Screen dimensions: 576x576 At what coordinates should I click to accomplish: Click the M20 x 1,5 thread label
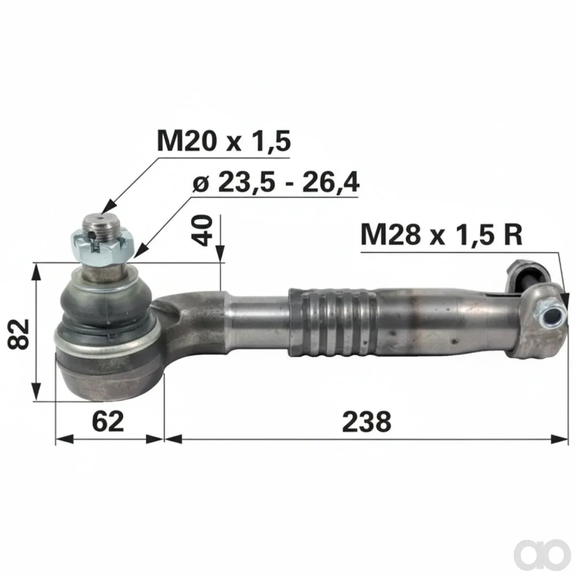click(x=224, y=141)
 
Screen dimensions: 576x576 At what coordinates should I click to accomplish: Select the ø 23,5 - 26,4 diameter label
click(x=276, y=182)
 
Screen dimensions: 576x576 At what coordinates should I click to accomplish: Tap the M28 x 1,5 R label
click(x=442, y=235)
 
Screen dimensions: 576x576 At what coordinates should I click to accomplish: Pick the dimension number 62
click(x=108, y=421)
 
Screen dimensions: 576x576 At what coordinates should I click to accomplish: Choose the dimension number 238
click(x=366, y=421)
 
